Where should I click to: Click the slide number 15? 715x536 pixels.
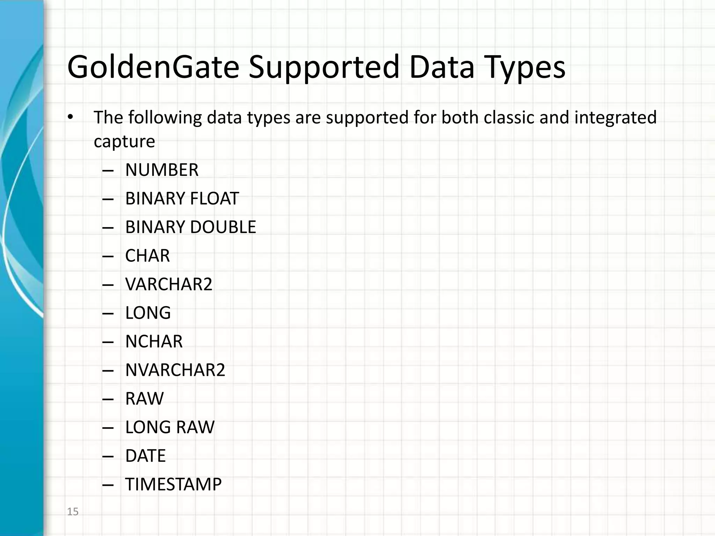pos(73,512)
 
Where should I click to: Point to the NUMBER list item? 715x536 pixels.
pos(162,170)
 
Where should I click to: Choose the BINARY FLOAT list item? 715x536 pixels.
pos(182,199)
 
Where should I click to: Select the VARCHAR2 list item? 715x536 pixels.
pos(169,284)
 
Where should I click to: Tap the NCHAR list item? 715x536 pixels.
pos(154,341)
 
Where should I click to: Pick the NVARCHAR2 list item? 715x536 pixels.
pos(175,370)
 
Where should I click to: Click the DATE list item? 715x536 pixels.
pos(145,456)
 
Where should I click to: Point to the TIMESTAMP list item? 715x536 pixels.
pos(173,484)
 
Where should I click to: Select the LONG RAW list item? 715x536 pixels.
pos(170,427)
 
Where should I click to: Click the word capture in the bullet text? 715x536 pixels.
pos(124,141)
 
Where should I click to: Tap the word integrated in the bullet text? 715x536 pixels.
pos(616,118)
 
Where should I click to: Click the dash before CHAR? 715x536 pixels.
pos(108,256)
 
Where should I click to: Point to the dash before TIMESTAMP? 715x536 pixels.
pos(108,485)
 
